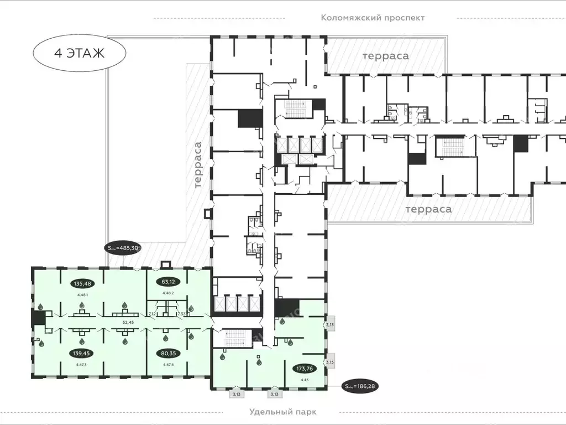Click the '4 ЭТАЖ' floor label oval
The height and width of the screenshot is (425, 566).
click(x=80, y=54)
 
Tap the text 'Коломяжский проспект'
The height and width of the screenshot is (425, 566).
click(x=373, y=17)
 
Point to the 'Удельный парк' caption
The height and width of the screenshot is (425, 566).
click(x=283, y=412)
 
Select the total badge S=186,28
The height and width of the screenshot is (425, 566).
click(x=362, y=386)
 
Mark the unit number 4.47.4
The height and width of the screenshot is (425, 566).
click(x=168, y=365)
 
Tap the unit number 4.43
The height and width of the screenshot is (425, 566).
click(x=303, y=380)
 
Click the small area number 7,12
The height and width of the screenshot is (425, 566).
click(x=152, y=314)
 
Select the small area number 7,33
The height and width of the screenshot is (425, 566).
click(x=181, y=314)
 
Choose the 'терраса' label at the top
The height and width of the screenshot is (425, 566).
click(x=385, y=56)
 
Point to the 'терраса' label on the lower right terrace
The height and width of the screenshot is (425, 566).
click(x=428, y=209)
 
